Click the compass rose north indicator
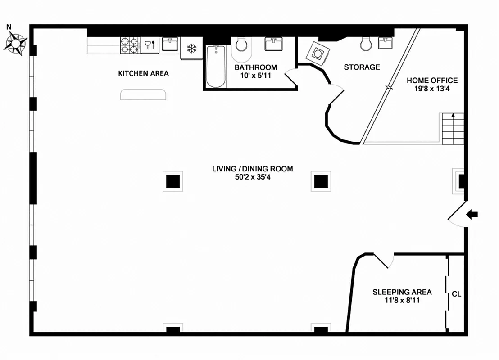16,41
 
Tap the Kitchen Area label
143,73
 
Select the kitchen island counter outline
143,94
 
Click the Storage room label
362,67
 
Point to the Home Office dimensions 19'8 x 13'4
432,89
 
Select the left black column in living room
173,181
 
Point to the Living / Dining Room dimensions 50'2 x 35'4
252,177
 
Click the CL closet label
456,294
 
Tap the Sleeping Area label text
402,292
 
